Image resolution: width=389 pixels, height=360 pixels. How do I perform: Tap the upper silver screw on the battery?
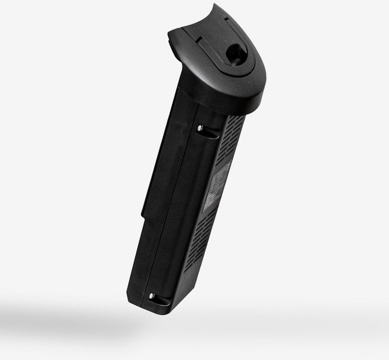pyautogui.click(x=200, y=128)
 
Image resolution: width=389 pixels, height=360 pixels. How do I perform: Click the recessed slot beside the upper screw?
pyautogui.click(x=210, y=134)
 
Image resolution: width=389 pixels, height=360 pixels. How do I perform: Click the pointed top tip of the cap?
pyautogui.click(x=215, y=5)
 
